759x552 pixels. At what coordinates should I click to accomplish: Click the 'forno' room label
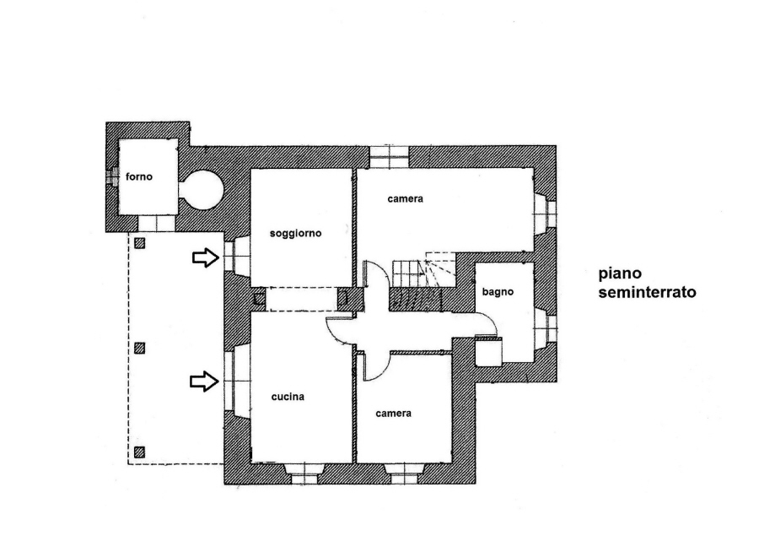pyautogui.click(x=139, y=177)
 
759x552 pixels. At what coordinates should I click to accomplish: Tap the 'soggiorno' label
pyautogui.click(x=295, y=234)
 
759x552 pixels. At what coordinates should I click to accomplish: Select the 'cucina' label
pyautogui.click(x=288, y=397)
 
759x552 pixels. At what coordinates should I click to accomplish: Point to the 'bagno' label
pyautogui.click(x=498, y=292)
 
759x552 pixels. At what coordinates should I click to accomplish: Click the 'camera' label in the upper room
pyautogui.click(x=405, y=198)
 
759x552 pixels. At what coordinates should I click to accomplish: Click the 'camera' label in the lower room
pyautogui.click(x=393, y=414)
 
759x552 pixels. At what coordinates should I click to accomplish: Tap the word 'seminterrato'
pyautogui.click(x=647, y=293)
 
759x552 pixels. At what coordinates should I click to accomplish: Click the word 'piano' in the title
pyautogui.click(x=620, y=273)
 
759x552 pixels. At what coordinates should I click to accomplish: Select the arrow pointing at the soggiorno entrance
pyautogui.click(x=206, y=257)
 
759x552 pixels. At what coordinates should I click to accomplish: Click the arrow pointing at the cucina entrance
pyautogui.click(x=204, y=382)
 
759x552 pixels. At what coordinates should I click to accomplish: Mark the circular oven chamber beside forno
pyautogui.click(x=202, y=190)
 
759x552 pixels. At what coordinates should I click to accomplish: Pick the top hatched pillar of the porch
pyautogui.click(x=139, y=243)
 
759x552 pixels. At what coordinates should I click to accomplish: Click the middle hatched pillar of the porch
pyautogui.click(x=139, y=348)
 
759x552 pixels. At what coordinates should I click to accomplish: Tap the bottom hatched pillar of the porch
pyautogui.click(x=139, y=452)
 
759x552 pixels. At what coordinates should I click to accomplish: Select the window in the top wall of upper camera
pyautogui.click(x=389, y=156)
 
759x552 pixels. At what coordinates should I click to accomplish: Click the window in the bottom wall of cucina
pyautogui.click(x=304, y=474)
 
